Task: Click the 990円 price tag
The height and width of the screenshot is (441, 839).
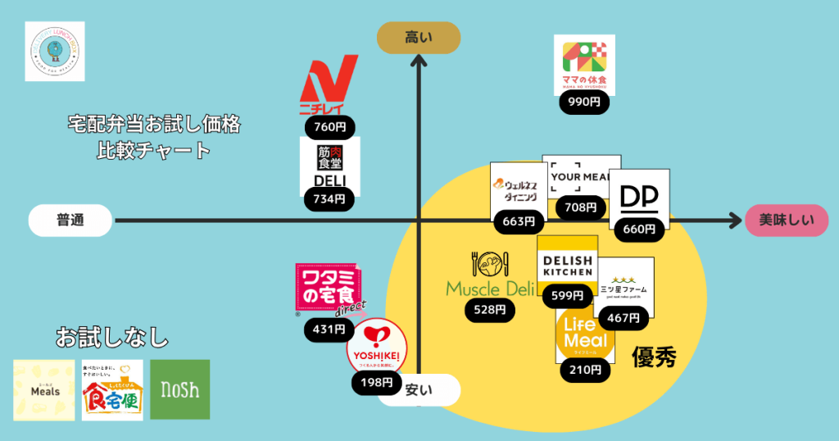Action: point(583,103)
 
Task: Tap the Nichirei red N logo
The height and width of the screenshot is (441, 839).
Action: point(329,85)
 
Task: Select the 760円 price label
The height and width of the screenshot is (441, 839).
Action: point(329,127)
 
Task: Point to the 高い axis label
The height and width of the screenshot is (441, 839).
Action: point(418,38)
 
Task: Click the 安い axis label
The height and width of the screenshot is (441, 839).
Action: point(419,390)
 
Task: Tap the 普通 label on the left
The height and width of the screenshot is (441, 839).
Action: point(70,220)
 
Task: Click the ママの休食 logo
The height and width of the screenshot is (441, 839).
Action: point(584,65)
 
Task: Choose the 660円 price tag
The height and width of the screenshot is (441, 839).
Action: point(639,230)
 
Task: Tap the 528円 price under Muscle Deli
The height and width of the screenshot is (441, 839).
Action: point(490,310)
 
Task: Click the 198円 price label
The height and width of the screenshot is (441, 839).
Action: point(376,382)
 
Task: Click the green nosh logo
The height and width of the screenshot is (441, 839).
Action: point(179,390)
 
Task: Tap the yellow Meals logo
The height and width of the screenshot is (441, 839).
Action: point(43,390)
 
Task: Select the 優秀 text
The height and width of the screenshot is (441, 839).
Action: point(654,357)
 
